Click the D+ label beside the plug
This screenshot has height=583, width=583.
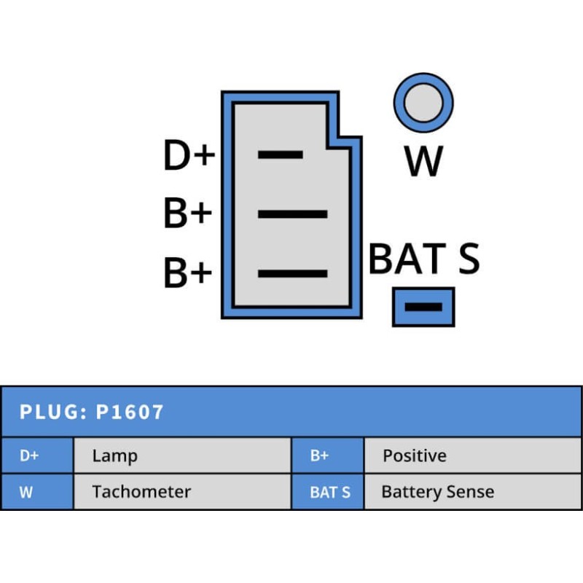click(189, 155)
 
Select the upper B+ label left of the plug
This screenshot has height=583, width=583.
click(187, 214)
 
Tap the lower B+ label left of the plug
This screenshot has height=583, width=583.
click(187, 273)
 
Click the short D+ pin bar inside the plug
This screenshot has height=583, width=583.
click(281, 154)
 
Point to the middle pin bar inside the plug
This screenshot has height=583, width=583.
click(292, 214)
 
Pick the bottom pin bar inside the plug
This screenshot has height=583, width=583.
click(292, 273)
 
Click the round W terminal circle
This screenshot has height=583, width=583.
click(423, 102)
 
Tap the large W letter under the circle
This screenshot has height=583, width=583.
click(423, 161)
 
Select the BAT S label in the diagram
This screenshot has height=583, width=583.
click(424, 258)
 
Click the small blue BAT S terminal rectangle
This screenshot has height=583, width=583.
click(423, 307)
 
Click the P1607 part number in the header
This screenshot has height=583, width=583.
click(130, 412)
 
